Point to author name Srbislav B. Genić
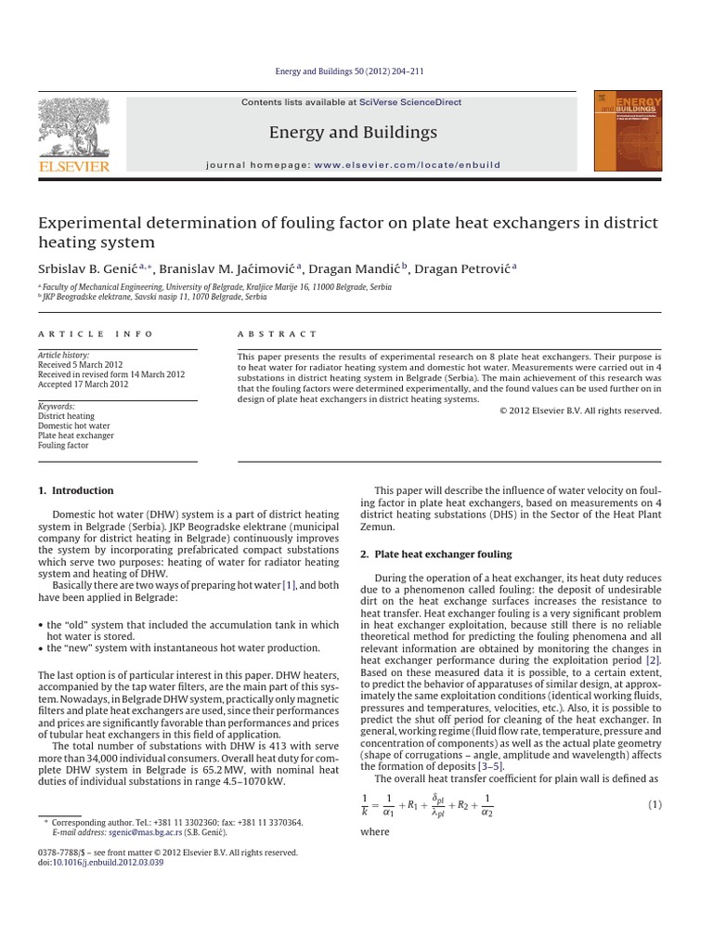pyautogui.click(x=88, y=268)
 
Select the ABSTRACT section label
pyautogui.click(x=278, y=333)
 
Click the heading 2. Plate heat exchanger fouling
pyautogui.click(x=435, y=554)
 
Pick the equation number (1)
pyautogui.click(x=653, y=804)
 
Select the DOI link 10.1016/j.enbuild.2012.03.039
pyautogui.click(x=108, y=863)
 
